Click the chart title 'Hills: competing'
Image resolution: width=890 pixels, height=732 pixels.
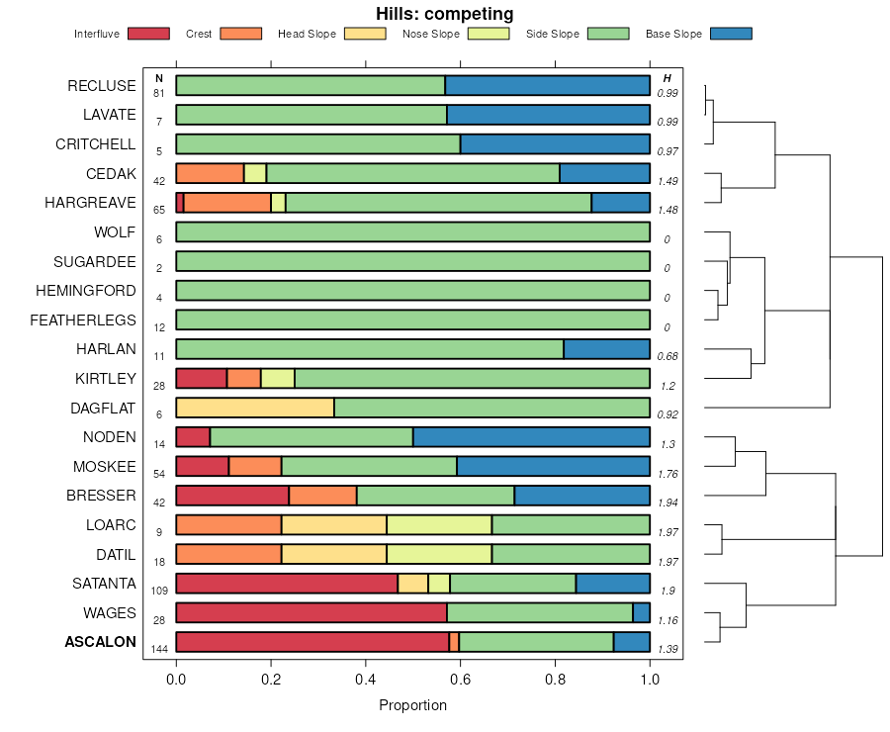point(444,14)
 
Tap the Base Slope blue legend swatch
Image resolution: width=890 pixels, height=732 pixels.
point(731,34)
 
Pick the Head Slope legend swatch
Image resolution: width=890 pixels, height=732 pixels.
point(365,34)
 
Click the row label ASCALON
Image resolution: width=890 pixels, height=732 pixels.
point(101,642)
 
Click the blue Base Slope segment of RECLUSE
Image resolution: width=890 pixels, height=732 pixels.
point(547,85)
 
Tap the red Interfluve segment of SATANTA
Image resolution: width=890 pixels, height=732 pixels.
point(287,584)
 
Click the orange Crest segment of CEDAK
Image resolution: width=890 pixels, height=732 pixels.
point(210,173)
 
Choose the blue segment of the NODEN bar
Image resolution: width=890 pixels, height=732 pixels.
point(531,437)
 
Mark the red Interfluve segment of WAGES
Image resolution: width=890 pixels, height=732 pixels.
point(311,612)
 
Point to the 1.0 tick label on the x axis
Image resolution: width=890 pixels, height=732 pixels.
point(650,681)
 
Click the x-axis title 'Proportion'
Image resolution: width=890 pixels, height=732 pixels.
point(412,705)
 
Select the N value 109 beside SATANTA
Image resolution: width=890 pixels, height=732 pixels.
point(159,591)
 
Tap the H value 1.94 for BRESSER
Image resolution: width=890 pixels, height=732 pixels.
point(667,503)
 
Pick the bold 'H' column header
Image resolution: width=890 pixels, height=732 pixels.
point(667,78)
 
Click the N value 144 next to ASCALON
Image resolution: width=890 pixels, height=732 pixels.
point(159,649)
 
